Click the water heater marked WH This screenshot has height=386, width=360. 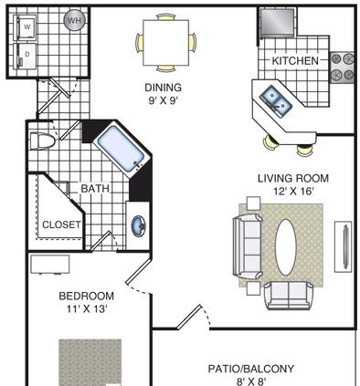click(x=74, y=21)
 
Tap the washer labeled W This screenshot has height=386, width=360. click(x=26, y=27)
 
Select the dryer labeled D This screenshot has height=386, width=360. click(x=26, y=56)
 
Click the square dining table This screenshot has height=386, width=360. click(x=166, y=43)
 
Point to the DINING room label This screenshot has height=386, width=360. click(x=163, y=88)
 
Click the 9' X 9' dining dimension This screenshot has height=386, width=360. click(x=163, y=100)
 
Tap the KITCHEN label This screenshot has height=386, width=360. click(x=295, y=61)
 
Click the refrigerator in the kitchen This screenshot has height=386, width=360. click(x=278, y=23)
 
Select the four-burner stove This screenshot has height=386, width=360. click(x=343, y=68)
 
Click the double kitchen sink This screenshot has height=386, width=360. click(x=276, y=101)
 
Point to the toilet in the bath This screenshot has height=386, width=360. click(x=42, y=141)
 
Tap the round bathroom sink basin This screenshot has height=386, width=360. click(x=139, y=225)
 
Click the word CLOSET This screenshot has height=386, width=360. click(x=62, y=224)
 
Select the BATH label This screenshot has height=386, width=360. click(x=95, y=189)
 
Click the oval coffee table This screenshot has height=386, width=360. click(x=286, y=247)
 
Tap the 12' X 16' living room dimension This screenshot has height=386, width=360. click(x=293, y=192)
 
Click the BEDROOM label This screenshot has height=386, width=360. click(x=87, y=296)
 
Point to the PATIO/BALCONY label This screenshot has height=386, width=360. click(x=251, y=369)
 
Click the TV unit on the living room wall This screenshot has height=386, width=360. click(x=344, y=246)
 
